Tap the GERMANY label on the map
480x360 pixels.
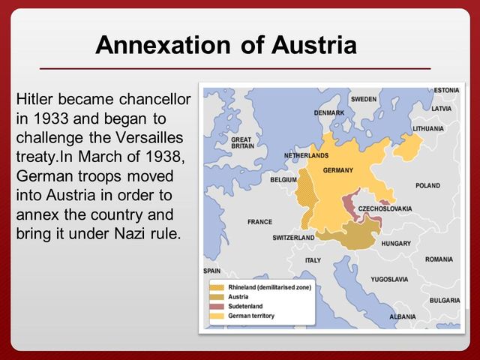tap(337, 170)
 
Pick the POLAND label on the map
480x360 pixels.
tap(427, 185)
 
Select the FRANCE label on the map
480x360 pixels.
tap(259, 221)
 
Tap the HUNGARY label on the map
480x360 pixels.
tap(396, 244)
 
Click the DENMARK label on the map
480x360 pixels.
tap(328, 113)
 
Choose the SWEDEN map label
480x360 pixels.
tap(364, 99)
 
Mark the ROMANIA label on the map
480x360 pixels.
tap(439, 259)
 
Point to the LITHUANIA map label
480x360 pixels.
tap(428, 128)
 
